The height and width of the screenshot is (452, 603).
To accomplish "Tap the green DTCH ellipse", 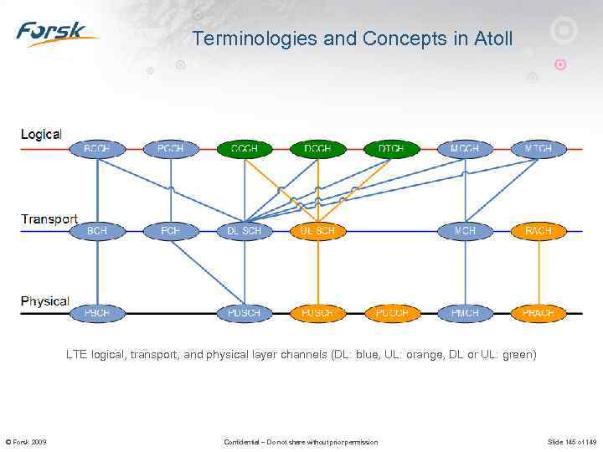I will pyautogui.click(x=390, y=149).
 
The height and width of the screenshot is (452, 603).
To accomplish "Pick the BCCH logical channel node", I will pyautogui.click(x=97, y=149).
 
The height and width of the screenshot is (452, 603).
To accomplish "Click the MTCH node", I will pyautogui.click(x=538, y=149).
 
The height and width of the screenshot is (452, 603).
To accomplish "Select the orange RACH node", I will pyautogui.click(x=538, y=230).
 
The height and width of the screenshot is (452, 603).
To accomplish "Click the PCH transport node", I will pyautogui.click(x=171, y=230).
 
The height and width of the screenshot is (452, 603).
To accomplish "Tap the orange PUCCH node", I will pyautogui.click(x=390, y=313).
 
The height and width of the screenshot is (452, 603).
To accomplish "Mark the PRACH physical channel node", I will pyautogui.click(x=538, y=313).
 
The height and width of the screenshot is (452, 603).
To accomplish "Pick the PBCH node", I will pyautogui.click(x=97, y=313).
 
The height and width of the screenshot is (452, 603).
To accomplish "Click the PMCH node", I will pyautogui.click(x=464, y=313).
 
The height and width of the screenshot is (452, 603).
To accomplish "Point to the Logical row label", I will pyautogui.click(x=41, y=134).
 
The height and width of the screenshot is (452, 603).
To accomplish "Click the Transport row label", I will pyautogui.click(x=49, y=219).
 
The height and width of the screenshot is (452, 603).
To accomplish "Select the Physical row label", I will pyautogui.click(x=45, y=300).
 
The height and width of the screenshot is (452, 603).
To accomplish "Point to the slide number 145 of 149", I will pyautogui.click(x=572, y=442).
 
